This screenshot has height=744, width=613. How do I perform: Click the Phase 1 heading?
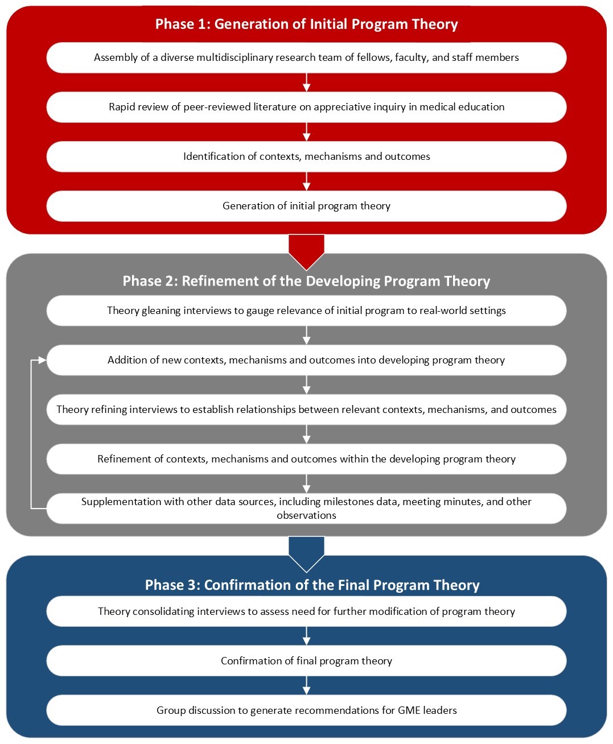tap(306, 24)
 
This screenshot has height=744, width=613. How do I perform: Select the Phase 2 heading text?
tap(306, 281)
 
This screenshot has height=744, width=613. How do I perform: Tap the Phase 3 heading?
tap(312, 585)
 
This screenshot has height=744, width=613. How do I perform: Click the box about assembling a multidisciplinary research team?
tap(306, 57)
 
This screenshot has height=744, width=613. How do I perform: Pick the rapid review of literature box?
tap(306, 107)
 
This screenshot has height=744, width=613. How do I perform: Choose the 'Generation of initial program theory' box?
tap(306, 206)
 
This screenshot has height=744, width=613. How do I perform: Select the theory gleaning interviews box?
tap(306, 311)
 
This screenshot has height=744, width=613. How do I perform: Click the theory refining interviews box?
tap(306, 410)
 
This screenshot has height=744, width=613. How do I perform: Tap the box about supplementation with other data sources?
tap(306, 508)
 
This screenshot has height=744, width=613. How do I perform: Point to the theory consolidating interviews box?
tap(306, 611)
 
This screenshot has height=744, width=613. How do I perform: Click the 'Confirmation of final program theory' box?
tap(306, 661)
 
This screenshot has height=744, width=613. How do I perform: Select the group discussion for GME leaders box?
tap(306, 710)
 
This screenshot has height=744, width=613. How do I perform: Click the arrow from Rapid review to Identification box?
tap(306, 132)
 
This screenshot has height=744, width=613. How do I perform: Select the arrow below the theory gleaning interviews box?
tap(306, 336)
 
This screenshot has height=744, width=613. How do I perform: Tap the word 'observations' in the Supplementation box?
tap(306, 515)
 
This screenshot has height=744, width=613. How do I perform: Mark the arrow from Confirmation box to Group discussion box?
tap(306, 685)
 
